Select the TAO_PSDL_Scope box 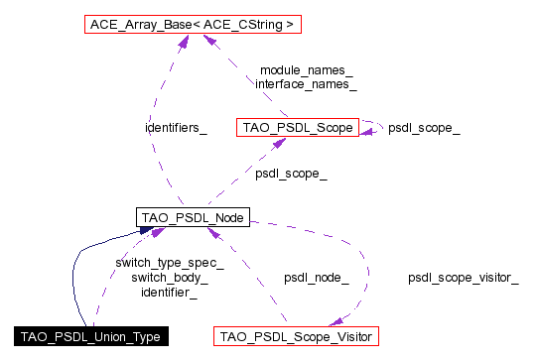296,127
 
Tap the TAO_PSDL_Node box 191,216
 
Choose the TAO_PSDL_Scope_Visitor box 296,335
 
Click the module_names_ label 306,70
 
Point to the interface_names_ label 306,85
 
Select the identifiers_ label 176,127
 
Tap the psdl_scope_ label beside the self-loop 424,127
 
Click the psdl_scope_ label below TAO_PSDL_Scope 292,174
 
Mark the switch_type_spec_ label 170,263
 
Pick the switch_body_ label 170,278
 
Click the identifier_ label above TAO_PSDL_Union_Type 170,293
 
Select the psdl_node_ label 316,278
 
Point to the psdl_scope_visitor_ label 463,278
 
